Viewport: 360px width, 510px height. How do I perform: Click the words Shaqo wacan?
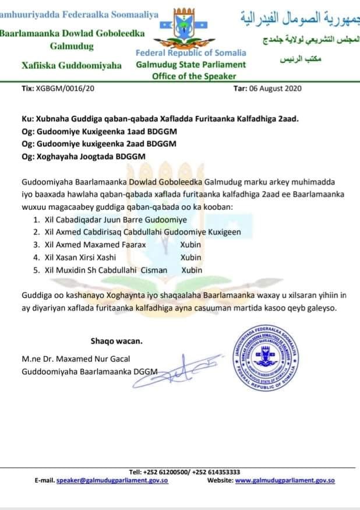116,340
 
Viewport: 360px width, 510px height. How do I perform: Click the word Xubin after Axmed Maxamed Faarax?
190,245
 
